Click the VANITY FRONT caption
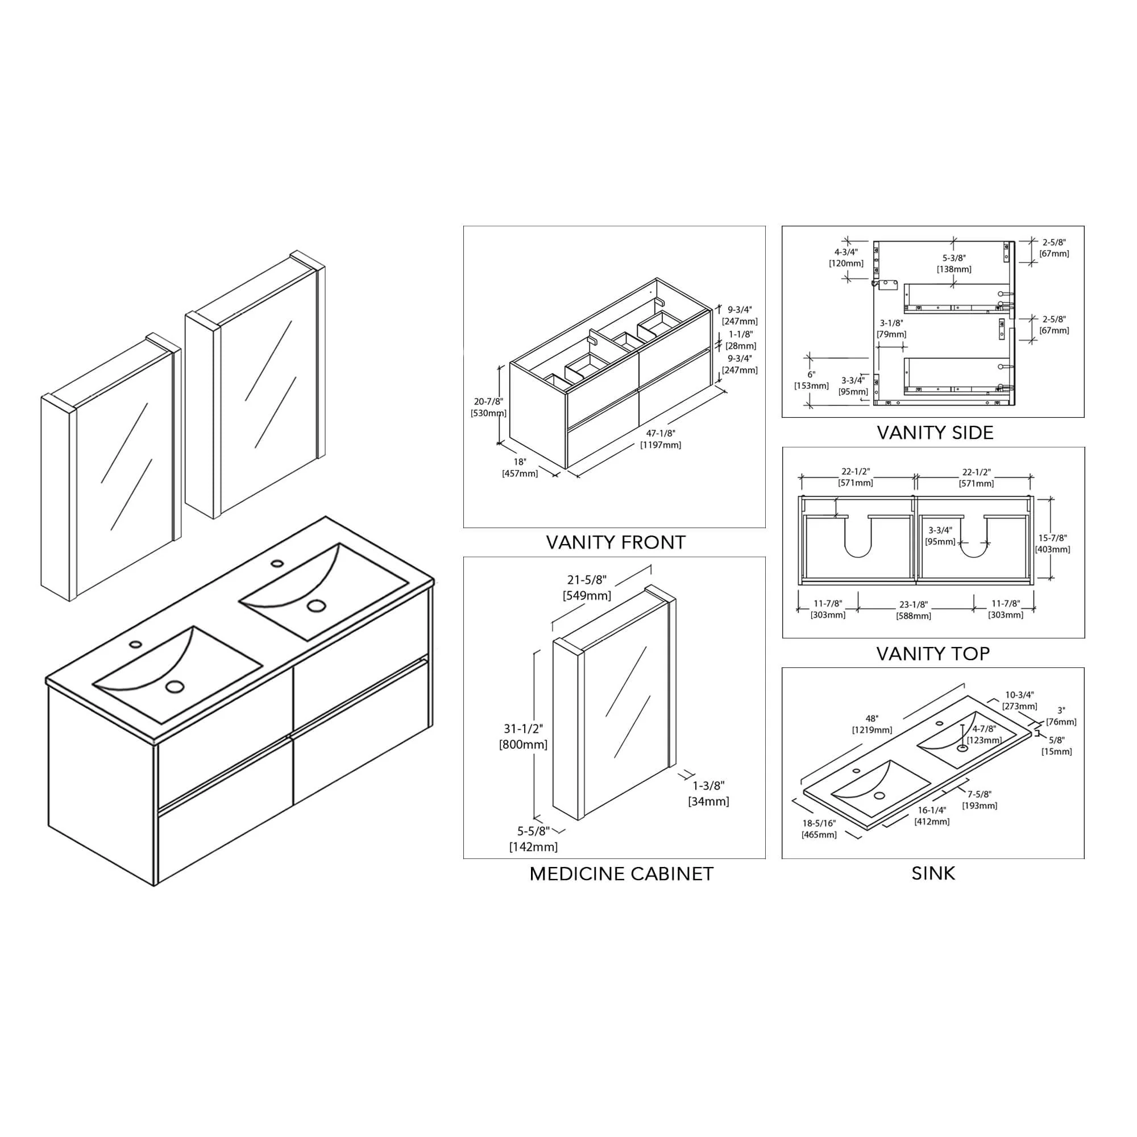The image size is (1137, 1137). (x=616, y=542)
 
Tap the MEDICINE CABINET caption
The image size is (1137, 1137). (x=621, y=873)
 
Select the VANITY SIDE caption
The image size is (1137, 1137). (x=935, y=433)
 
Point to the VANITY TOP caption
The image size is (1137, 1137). (x=933, y=653)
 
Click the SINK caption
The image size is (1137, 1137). (x=933, y=873)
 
